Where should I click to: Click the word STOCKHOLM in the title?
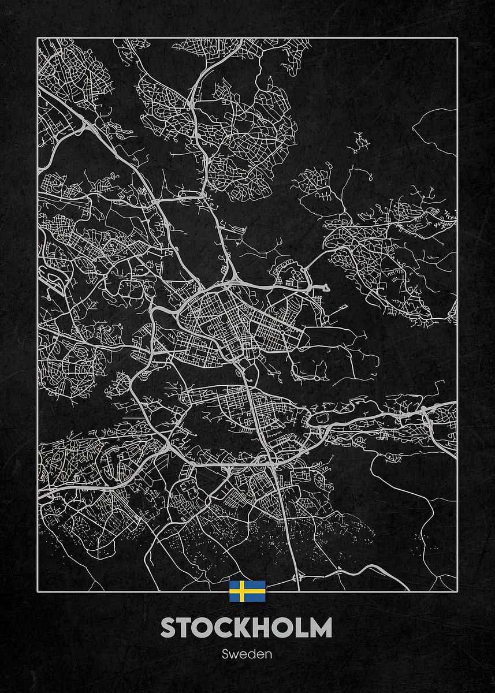247,628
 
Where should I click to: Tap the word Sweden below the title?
247,655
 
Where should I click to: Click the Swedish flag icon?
247,591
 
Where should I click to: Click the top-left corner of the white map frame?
38,38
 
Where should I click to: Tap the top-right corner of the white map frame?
457,38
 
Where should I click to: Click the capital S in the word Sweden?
225,655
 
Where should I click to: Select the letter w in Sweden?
233,655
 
